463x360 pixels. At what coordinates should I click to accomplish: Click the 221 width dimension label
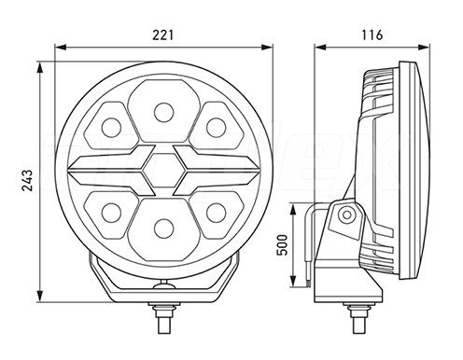[x=162, y=35]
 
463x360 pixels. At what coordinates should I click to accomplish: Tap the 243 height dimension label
[x=27, y=181]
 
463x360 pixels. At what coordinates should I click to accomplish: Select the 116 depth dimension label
[x=372, y=35]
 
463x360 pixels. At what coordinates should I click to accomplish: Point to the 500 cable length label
[x=282, y=244]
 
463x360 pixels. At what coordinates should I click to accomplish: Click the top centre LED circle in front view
[x=163, y=112]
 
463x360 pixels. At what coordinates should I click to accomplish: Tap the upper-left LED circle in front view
[x=111, y=128]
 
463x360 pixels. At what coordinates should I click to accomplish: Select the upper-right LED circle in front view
[x=216, y=128]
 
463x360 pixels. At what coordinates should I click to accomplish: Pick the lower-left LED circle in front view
[x=111, y=213]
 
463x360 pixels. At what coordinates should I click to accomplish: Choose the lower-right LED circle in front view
[x=216, y=213]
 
